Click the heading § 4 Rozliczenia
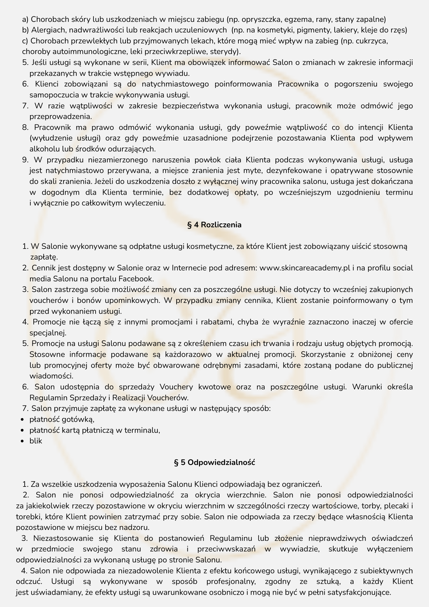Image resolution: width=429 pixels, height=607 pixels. click(x=214, y=225)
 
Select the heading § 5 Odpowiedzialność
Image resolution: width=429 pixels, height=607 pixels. click(x=214, y=463)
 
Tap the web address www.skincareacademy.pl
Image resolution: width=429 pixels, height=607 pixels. click(x=305, y=268)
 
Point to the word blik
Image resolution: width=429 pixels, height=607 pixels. click(x=36, y=441)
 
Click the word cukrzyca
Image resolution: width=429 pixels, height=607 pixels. click(x=371, y=41)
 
